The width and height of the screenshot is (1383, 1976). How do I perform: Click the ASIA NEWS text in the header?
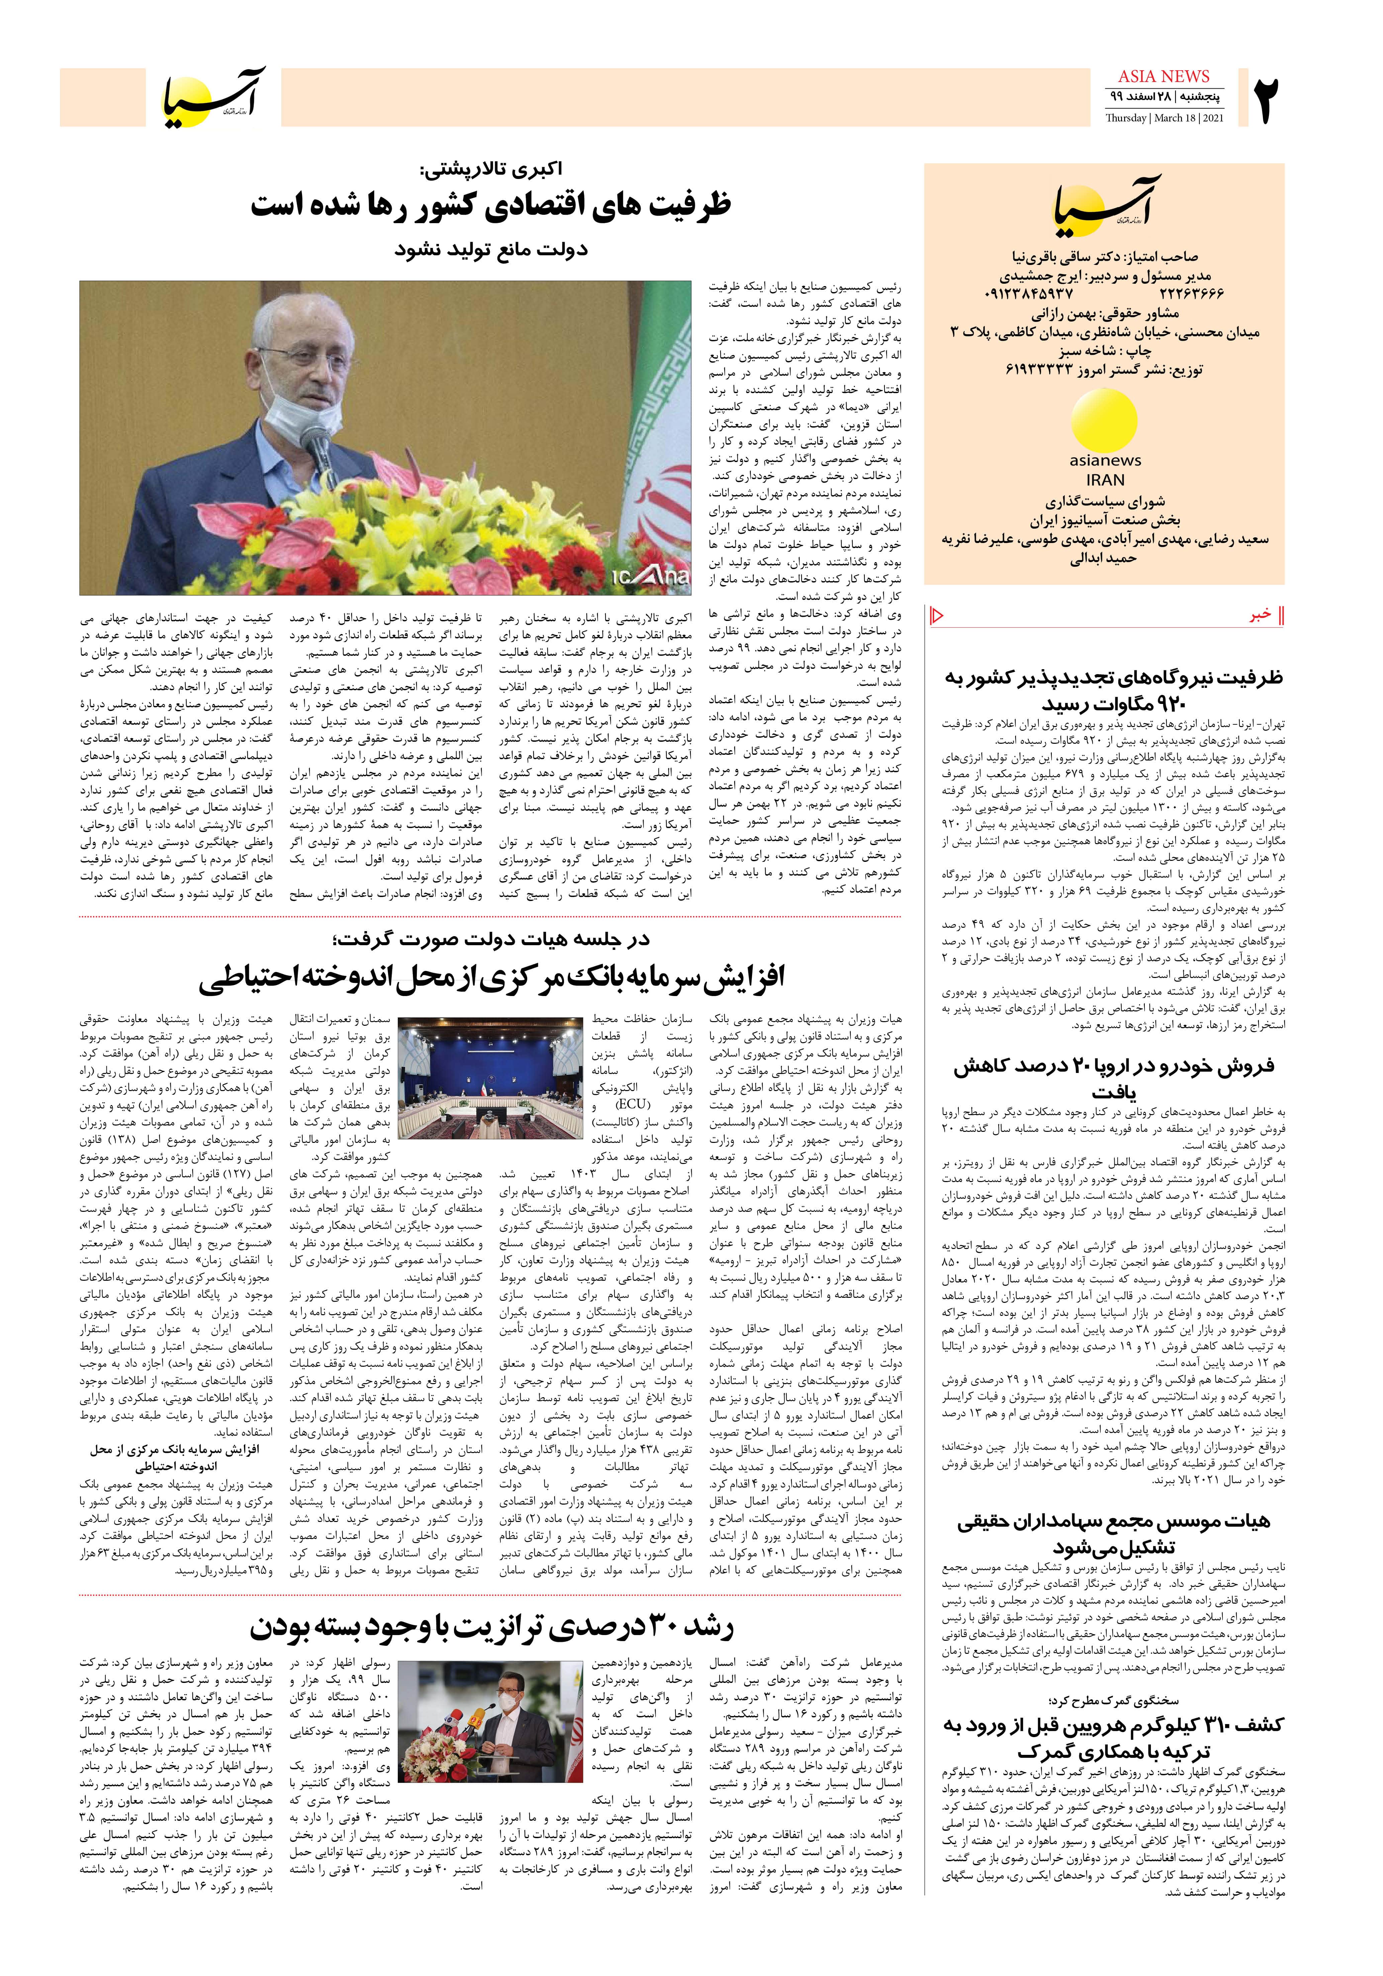click(x=1164, y=77)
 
